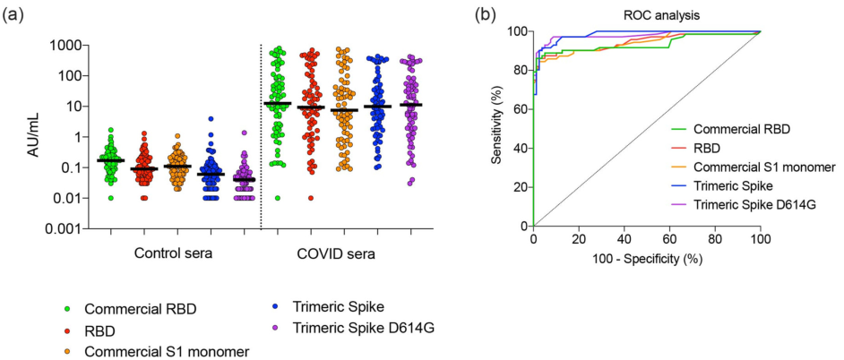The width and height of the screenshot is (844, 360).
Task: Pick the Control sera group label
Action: coord(175,253)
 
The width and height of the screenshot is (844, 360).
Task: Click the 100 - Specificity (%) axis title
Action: coord(647,259)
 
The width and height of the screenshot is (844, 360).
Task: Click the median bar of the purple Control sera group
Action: coord(244,179)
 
